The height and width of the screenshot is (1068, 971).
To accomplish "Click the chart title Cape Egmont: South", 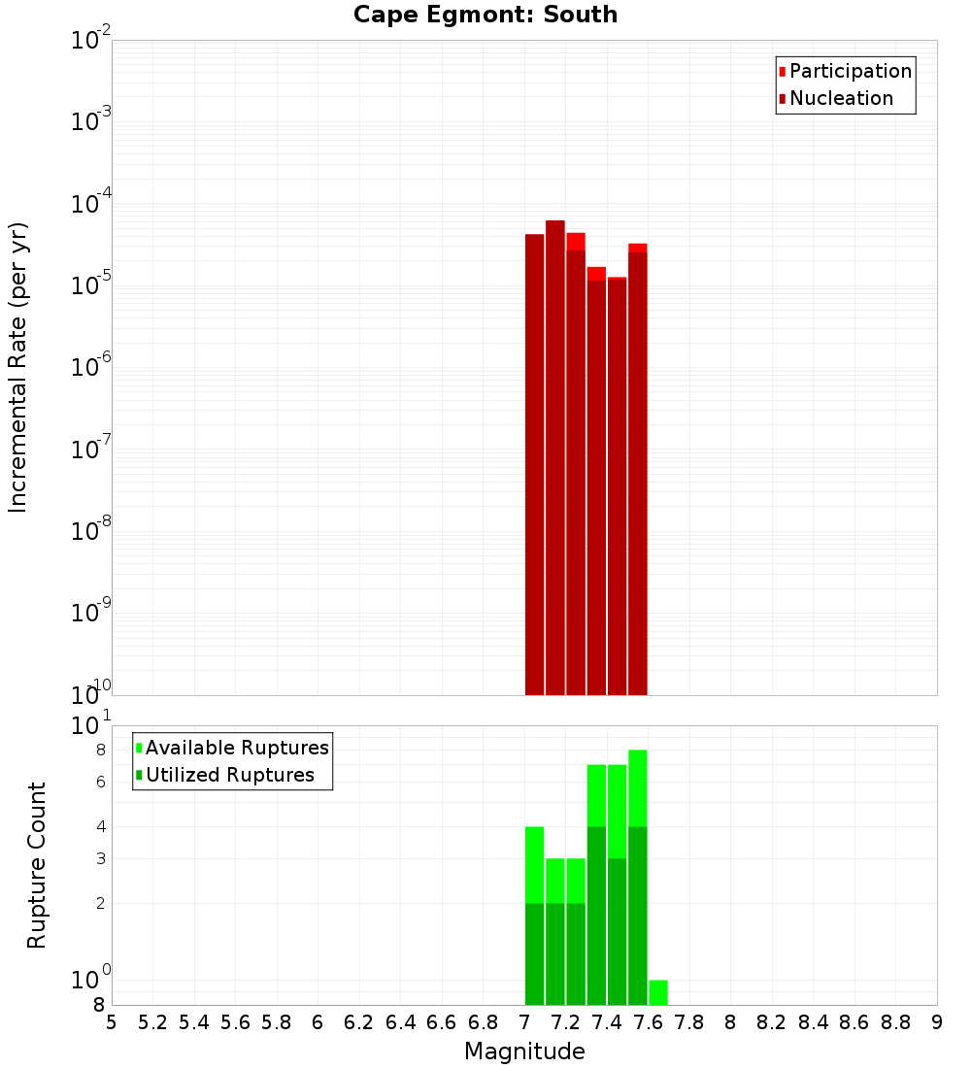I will (485, 15).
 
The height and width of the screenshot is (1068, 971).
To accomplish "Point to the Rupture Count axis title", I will (37, 865).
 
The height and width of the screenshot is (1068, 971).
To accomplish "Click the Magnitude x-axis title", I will (524, 1051).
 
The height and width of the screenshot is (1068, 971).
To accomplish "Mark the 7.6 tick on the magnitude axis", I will (649, 1022).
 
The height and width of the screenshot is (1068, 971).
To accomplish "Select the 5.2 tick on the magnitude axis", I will (153, 1022).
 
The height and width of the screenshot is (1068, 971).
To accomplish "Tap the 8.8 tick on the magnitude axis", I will (896, 1022).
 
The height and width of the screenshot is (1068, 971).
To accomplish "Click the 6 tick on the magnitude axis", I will (318, 1022).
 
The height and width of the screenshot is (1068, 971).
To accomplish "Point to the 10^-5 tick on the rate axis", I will (91, 285).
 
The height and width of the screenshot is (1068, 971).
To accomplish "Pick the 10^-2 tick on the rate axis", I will (91, 41).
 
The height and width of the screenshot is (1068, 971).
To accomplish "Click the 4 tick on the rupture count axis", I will (100, 826).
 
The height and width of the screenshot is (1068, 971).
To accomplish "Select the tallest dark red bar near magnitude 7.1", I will (554, 456).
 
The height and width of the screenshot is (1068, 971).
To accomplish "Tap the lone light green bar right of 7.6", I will (658, 992).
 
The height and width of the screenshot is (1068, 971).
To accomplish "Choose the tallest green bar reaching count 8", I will (638, 786).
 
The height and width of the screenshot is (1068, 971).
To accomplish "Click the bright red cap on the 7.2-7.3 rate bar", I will (576, 241).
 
